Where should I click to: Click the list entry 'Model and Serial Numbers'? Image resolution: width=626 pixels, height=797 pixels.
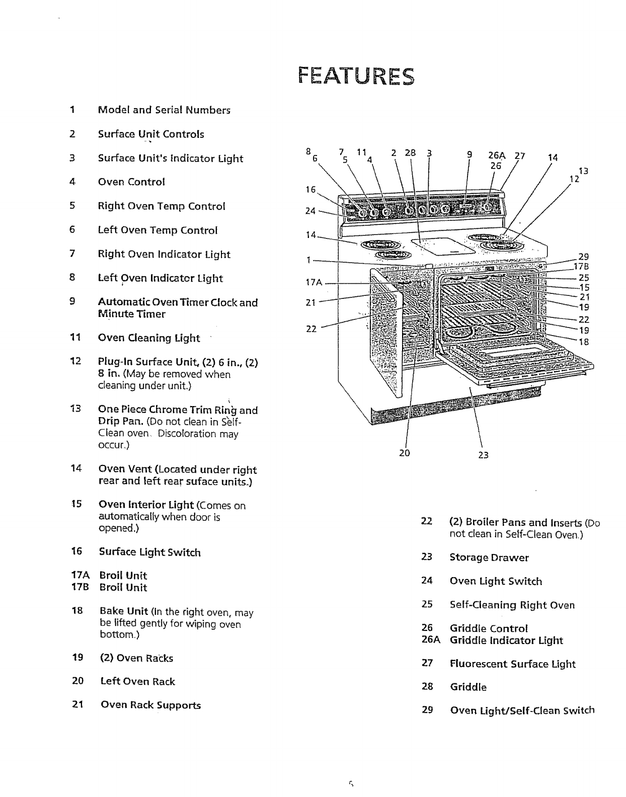click(x=164, y=110)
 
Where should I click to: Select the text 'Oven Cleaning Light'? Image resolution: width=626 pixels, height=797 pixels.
click(x=148, y=338)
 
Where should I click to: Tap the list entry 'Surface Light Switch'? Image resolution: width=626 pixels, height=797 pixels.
click(x=149, y=552)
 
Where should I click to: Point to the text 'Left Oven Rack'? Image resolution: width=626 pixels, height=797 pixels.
click(x=137, y=681)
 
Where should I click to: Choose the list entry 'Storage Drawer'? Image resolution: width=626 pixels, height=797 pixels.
click(x=489, y=557)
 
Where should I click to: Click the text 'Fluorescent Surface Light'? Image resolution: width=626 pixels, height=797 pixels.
click(x=513, y=664)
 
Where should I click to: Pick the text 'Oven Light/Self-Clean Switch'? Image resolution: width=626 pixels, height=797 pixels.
click(x=522, y=710)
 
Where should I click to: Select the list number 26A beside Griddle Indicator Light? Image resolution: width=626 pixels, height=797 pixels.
click(x=431, y=641)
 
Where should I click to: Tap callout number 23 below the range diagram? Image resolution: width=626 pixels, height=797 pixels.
click(x=484, y=455)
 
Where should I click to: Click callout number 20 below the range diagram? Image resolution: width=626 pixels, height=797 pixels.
click(x=405, y=453)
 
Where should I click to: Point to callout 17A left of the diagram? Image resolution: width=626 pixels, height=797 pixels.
click(x=314, y=283)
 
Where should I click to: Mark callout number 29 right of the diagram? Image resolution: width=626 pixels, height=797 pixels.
click(x=583, y=256)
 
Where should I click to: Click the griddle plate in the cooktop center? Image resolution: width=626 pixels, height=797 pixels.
click(x=442, y=246)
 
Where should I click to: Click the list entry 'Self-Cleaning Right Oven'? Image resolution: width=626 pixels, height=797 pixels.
click(x=512, y=605)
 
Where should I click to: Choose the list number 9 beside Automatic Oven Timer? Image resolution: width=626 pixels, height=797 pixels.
click(x=72, y=302)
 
